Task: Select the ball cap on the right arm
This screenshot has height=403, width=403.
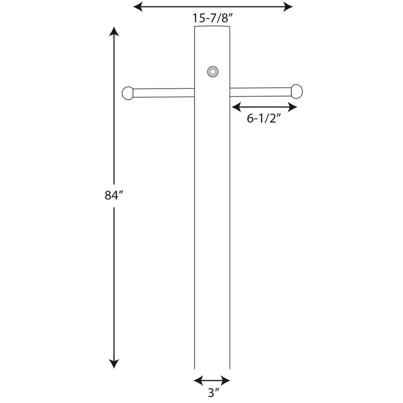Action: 296,91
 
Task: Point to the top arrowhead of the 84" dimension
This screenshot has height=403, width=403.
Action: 115,32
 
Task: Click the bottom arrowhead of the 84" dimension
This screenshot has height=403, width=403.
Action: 115,363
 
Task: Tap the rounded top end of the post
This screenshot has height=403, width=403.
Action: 211,29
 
